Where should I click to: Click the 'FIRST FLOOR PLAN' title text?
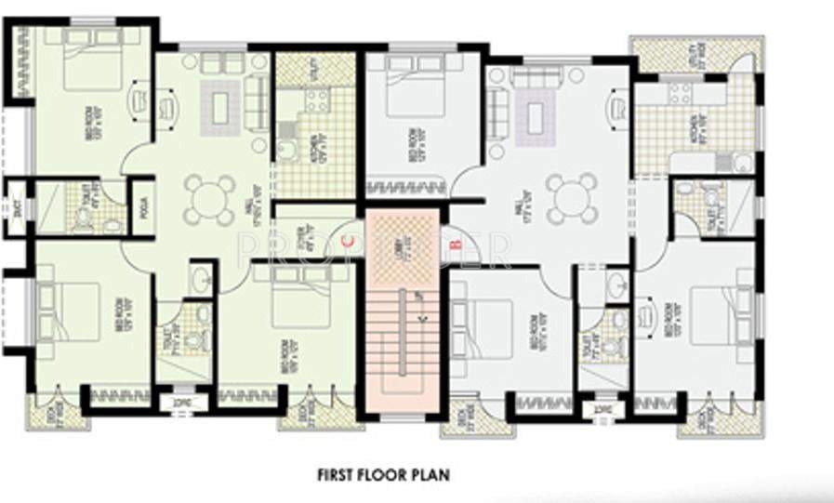tap(383, 475)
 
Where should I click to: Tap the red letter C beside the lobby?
tap(349, 241)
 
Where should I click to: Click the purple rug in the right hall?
tap(536, 117)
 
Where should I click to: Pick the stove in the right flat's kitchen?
tap(679, 92)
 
